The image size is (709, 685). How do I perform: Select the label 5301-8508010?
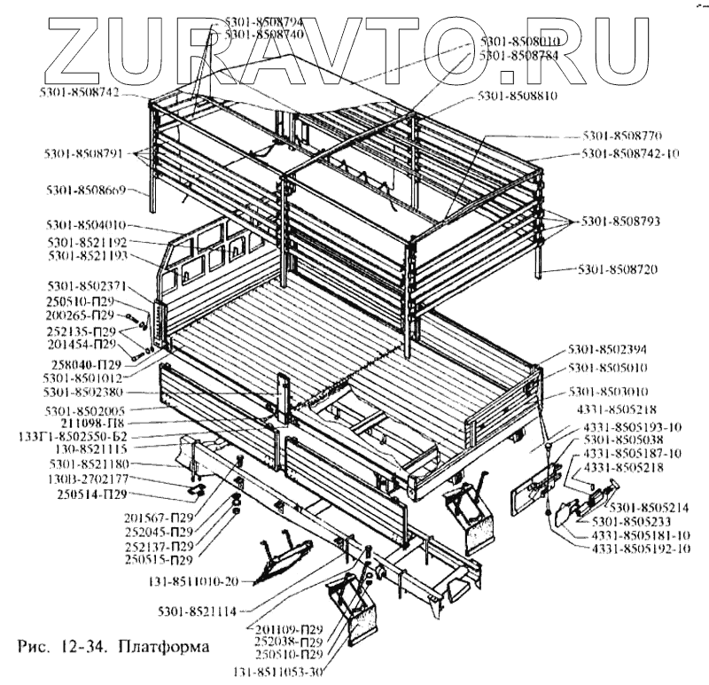pos(519,42)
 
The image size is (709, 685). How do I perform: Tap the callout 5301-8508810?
pos(517,95)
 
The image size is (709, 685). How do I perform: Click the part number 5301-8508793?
pos(622,220)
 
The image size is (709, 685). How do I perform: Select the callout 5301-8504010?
pos(88,225)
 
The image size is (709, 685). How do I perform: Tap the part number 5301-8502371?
pos(88,286)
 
